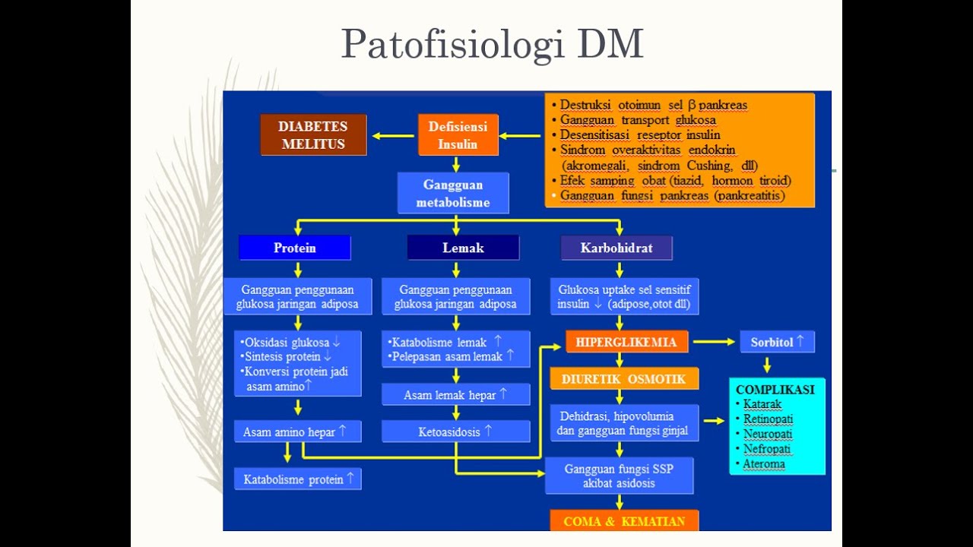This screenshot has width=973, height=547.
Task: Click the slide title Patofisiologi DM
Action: click(x=492, y=44)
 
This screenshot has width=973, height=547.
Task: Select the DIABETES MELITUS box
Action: click(x=313, y=135)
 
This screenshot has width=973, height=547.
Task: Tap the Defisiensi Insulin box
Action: click(x=458, y=135)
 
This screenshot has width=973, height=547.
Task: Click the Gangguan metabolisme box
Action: click(x=453, y=194)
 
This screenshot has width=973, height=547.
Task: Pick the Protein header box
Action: click(x=295, y=248)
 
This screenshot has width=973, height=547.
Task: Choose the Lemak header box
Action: click(x=463, y=248)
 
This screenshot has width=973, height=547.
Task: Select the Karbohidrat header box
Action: click(x=616, y=248)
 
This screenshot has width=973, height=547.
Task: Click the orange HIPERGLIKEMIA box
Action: click(x=626, y=342)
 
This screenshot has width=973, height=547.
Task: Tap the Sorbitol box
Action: click(x=777, y=342)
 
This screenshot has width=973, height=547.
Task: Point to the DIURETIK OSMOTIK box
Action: click(x=624, y=378)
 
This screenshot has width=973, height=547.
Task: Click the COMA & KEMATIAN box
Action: click(x=624, y=521)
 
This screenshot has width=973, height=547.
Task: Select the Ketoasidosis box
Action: click(x=455, y=432)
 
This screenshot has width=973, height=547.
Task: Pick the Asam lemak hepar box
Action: click(x=455, y=395)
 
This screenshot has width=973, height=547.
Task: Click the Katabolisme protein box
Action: click(x=298, y=479)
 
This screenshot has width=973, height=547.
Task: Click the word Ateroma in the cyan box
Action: click(x=764, y=463)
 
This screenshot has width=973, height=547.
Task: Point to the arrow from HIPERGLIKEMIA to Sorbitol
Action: click(x=714, y=342)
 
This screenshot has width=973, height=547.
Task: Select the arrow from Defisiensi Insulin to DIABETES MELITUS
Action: click(x=392, y=136)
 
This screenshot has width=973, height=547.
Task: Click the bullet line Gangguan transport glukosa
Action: click(x=638, y=120)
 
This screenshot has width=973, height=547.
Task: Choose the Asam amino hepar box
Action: click(x=296, y=432)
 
